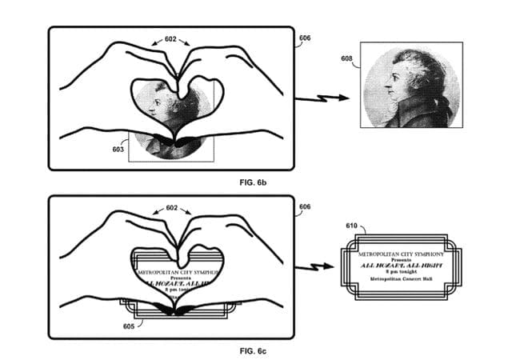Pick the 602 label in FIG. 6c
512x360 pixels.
point(170,207)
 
